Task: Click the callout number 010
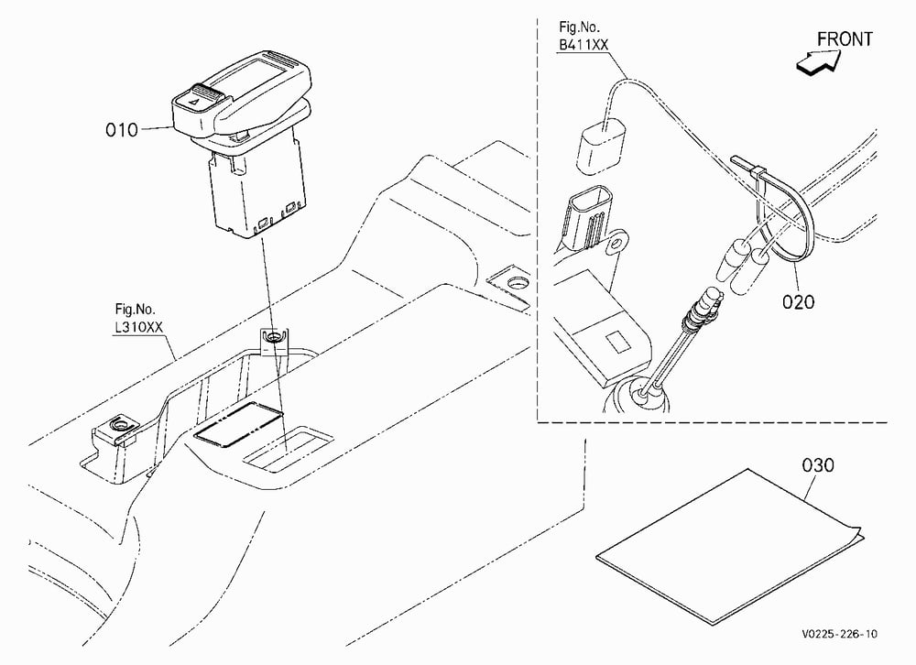(122, 130)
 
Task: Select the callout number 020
(798, 302)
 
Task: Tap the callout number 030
(818, 465)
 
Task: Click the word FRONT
(845, 39)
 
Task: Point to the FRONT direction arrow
(818, 62)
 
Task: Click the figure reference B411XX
(583, 45)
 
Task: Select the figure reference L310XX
(138, 327)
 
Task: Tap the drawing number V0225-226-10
(839, 634)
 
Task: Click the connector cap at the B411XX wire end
(600, 146)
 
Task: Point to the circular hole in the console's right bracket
(516, 283)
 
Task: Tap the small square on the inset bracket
(616, 343)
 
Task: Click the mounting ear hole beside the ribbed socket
(616, 244)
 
